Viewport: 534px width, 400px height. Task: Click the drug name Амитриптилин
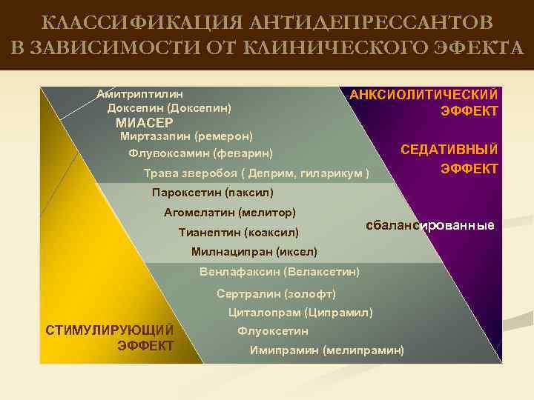(x=140, y=94)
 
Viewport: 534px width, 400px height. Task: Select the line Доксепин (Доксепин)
(x=169, y=108)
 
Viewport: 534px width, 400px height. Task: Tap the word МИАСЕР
(x=145, y=123)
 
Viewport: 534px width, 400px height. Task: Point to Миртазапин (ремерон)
(x=186, y=136)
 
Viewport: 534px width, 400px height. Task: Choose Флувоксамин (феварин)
(x=200, y=154)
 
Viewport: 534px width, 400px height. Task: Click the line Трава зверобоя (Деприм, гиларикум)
(x=256, y=173)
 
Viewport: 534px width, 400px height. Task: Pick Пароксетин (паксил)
(x=212, y=193)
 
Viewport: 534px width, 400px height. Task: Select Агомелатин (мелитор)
(x=229, y=213)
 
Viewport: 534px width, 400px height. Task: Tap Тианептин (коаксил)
(x=238, y=232)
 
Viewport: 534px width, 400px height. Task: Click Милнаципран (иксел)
(x=254, y=251)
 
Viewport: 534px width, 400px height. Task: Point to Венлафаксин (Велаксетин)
(x=280, y=271)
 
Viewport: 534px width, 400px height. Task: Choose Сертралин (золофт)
(x=276, y=293)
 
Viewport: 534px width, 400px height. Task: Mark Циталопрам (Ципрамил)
(x=300, y=312)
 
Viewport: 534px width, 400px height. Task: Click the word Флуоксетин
(x=272, y=331)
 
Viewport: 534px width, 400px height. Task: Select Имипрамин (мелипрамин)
(x=327, y=350)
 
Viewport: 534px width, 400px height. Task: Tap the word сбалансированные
(x=430, y=225)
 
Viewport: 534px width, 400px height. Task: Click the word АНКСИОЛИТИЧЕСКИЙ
(x=423, y=95)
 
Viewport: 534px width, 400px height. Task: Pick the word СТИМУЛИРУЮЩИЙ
(x=110, y=330)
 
